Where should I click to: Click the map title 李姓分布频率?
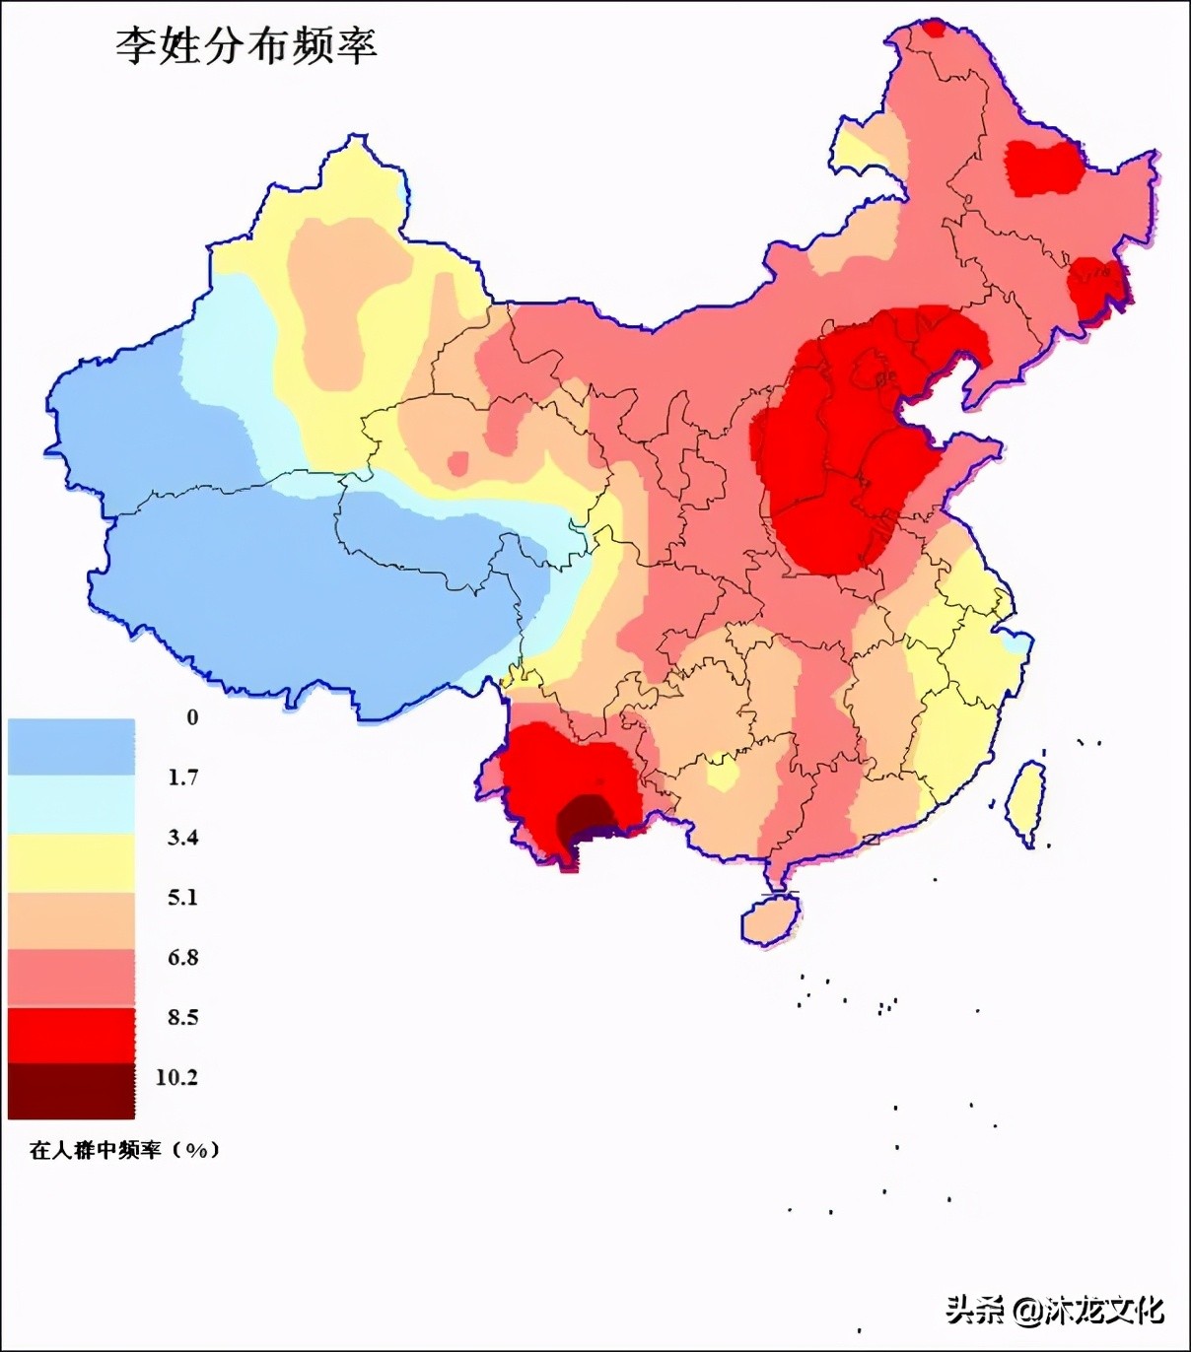246,46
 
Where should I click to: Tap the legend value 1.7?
182,777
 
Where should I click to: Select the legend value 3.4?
182,838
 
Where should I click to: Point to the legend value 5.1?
182,898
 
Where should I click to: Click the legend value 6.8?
182,958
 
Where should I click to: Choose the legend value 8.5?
182,1018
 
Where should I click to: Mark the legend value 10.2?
177,1078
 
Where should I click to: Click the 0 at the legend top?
192,717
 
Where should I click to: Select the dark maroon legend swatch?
71,1092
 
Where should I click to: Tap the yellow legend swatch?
71,862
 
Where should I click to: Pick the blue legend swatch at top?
71,746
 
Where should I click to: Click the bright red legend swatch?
71,1035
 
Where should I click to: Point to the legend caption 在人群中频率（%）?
124,1150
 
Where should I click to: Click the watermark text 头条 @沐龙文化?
1055,1311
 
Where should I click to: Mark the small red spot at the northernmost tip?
932,29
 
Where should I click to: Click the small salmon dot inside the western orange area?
457,463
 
